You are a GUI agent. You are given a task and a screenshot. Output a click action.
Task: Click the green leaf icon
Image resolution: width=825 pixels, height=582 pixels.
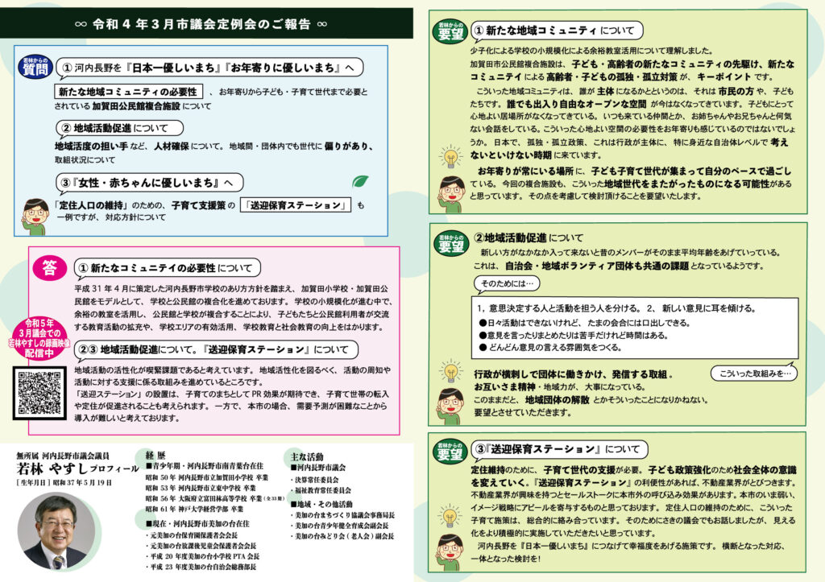362,182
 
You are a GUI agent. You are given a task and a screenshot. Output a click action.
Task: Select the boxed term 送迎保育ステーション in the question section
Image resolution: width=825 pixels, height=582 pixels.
297,205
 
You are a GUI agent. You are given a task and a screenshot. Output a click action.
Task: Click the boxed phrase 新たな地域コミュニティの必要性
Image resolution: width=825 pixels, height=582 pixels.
129,91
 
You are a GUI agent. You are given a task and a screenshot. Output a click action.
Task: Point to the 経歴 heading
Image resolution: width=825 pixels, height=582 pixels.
155,453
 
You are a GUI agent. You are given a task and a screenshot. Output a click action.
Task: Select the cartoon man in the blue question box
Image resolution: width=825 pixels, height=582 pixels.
35,215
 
